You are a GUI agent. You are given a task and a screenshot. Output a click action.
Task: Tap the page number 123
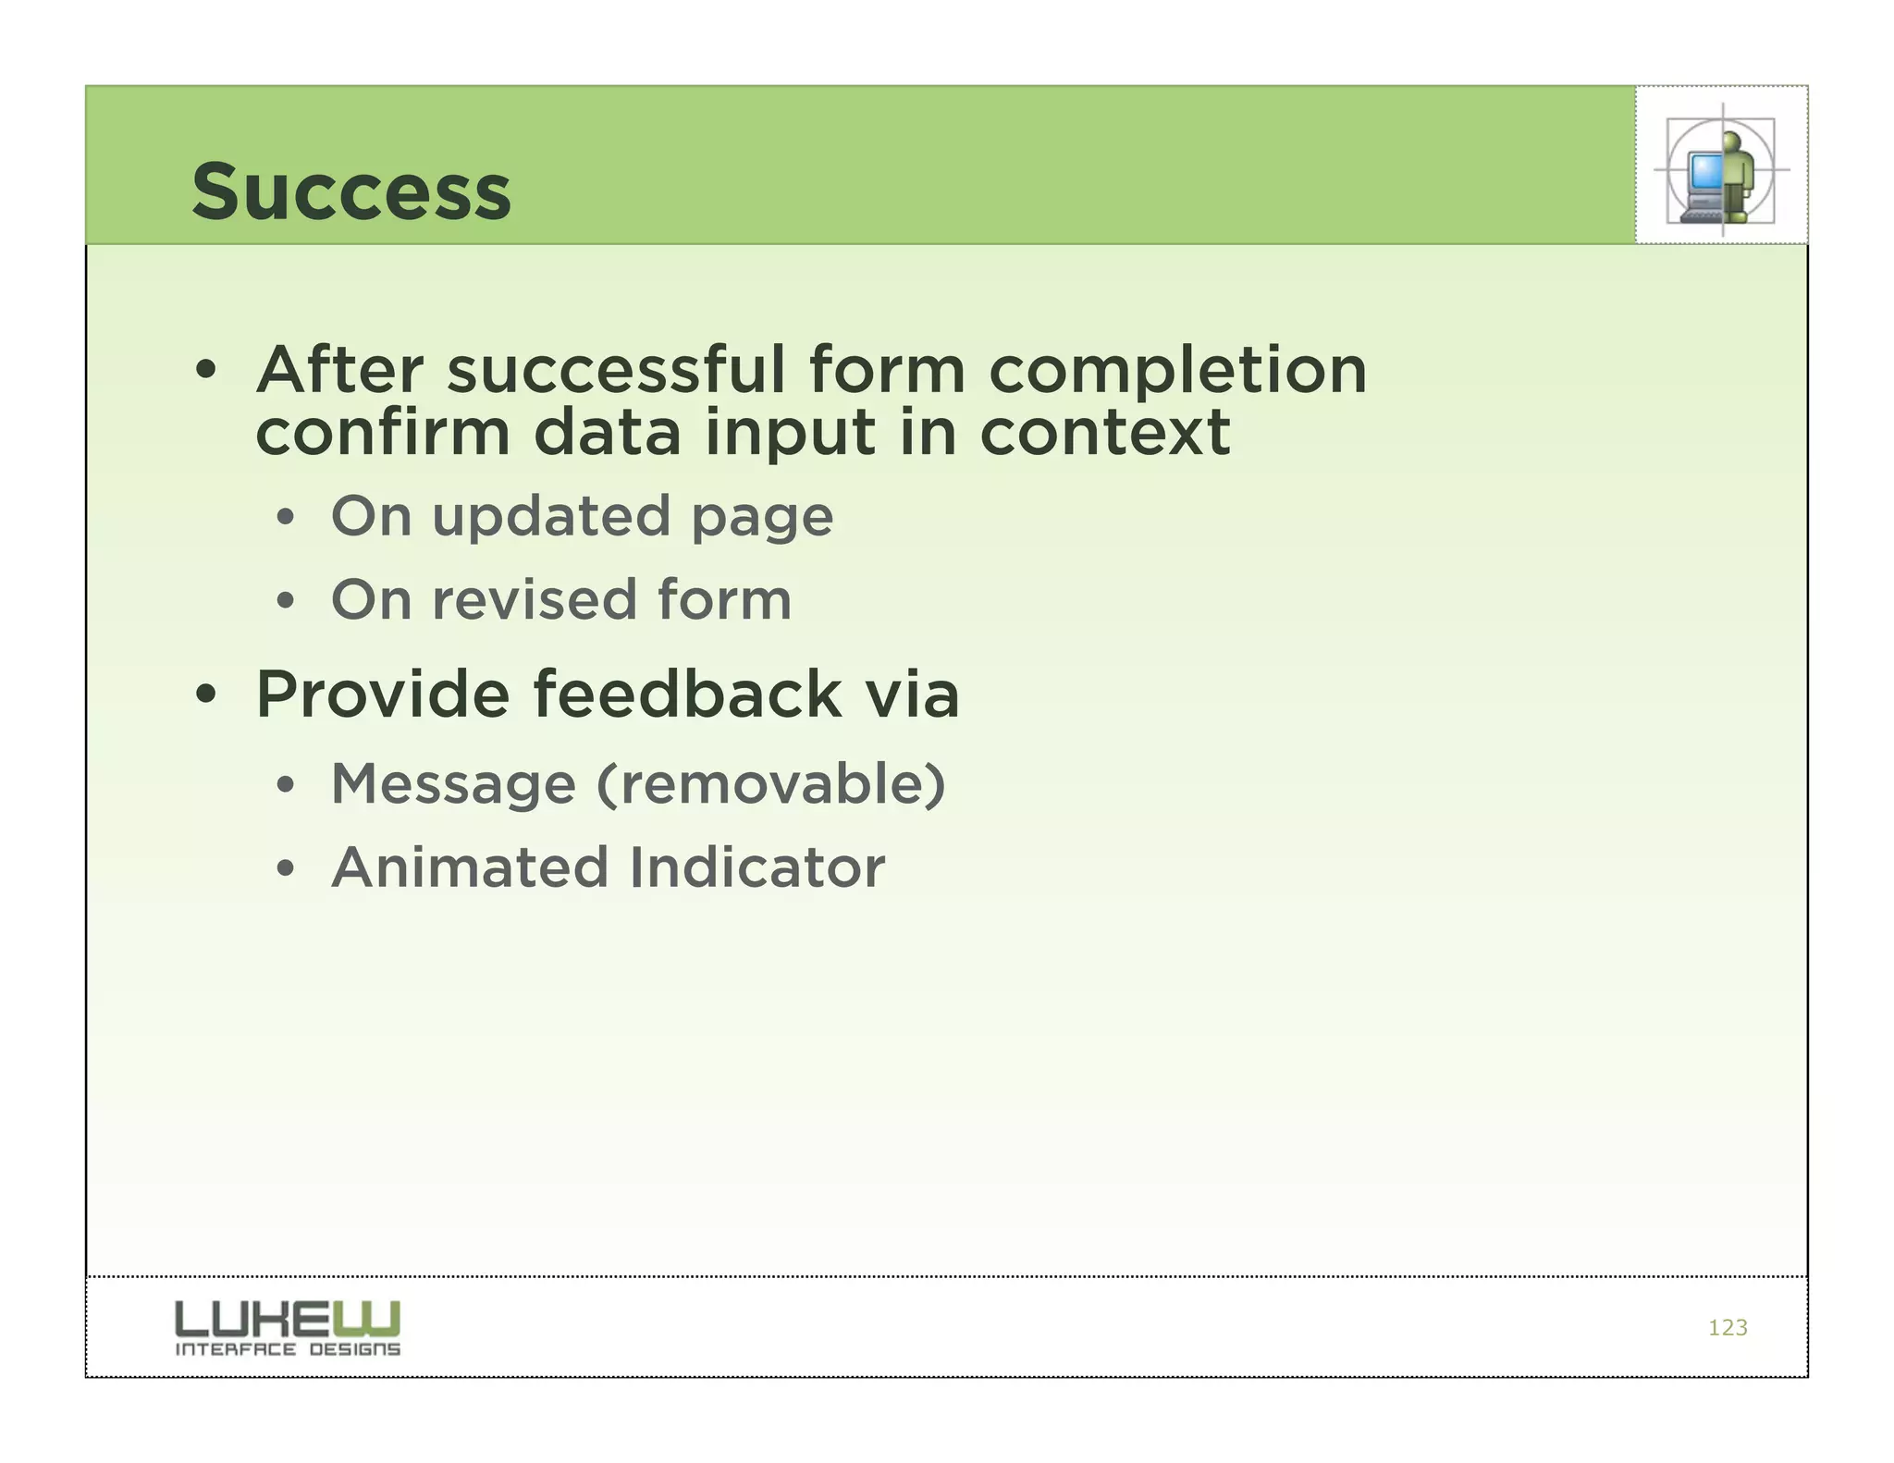coord(1727,1328)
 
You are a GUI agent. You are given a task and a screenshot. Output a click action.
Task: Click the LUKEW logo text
coord(288,1319)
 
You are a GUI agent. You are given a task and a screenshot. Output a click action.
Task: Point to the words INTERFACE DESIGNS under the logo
coord(288,1349)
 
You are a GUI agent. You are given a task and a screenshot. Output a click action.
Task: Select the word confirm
coord(383,433)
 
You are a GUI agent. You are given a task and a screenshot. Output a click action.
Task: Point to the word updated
coord(550,517)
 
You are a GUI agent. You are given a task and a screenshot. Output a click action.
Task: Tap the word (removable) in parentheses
coord(771,784)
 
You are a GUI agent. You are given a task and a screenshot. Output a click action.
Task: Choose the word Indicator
coord(756,867)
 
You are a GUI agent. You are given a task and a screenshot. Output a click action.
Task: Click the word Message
coord(453,784)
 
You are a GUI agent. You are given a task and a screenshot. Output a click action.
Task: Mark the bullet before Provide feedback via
coord(205,695)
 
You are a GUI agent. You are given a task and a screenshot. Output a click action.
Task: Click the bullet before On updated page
coord(285,518)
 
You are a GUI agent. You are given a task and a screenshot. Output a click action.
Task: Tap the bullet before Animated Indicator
coord(285,869)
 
